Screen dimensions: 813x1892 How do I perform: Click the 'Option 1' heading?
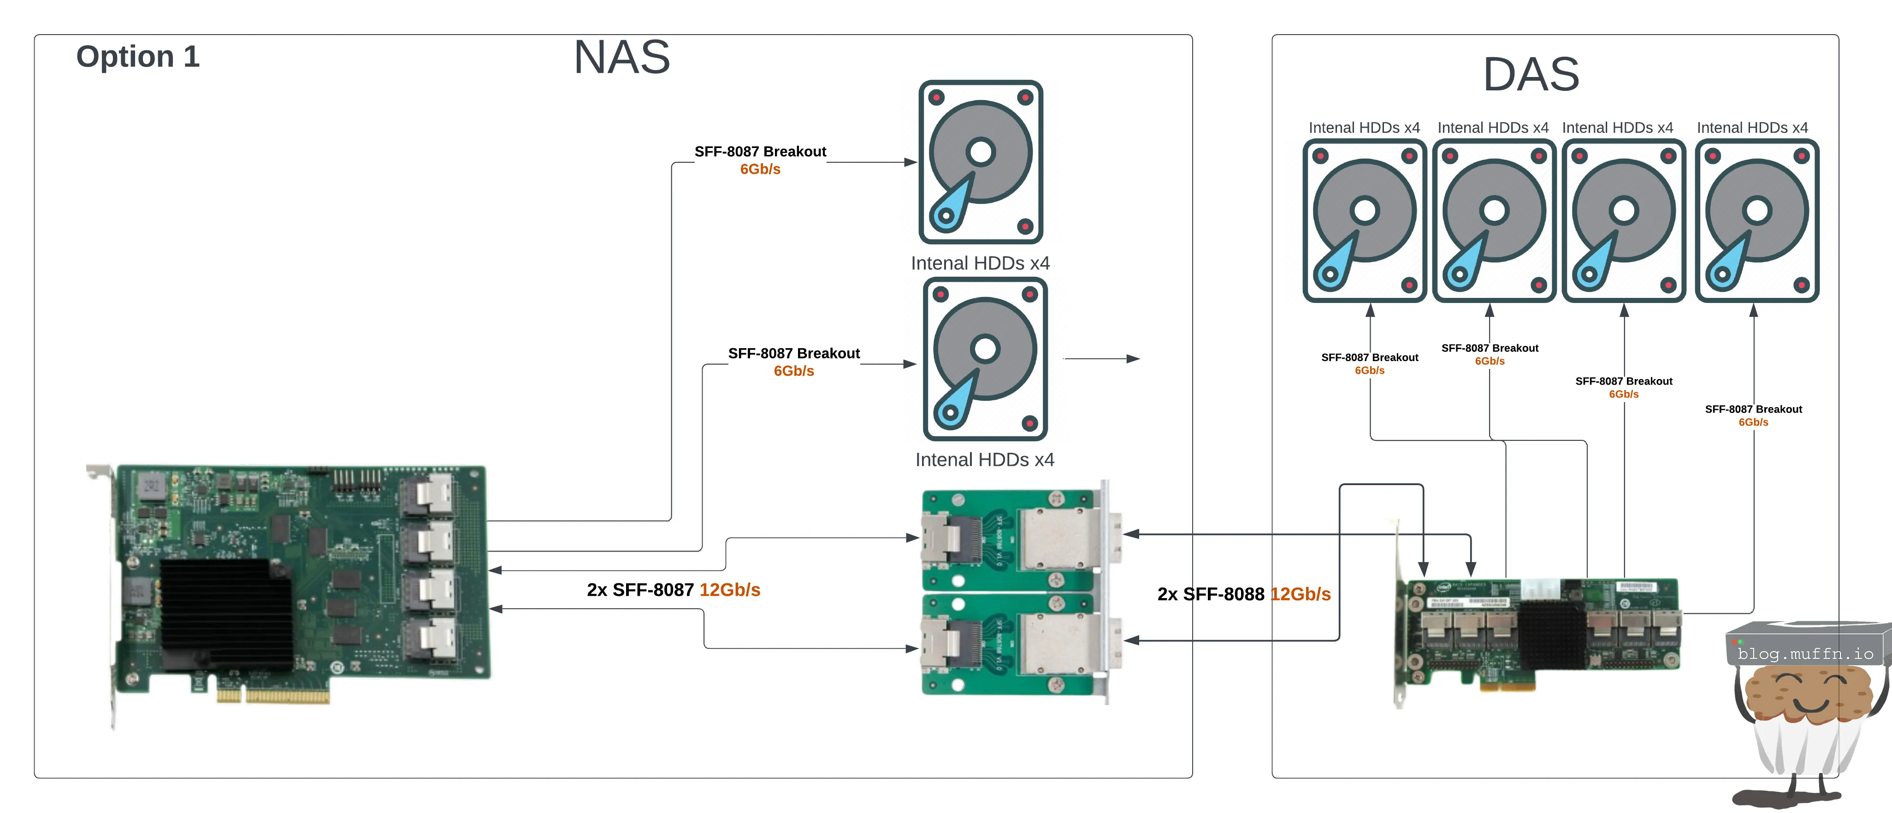point(138,57)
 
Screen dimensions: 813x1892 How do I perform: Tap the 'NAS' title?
point(621,57)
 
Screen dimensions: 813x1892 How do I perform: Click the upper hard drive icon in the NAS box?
point(981,161)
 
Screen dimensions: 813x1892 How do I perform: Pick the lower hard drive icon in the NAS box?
point(985,358)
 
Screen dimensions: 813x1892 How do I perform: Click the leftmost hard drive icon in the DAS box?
point(1364,220)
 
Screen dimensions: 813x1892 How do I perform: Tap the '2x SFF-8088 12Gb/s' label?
point(1243,594)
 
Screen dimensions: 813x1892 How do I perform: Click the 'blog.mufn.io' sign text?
point(1805,653)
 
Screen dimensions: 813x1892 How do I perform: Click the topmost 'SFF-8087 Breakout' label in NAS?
point(760,151)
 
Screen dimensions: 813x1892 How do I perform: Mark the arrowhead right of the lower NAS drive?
point(1133,358)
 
